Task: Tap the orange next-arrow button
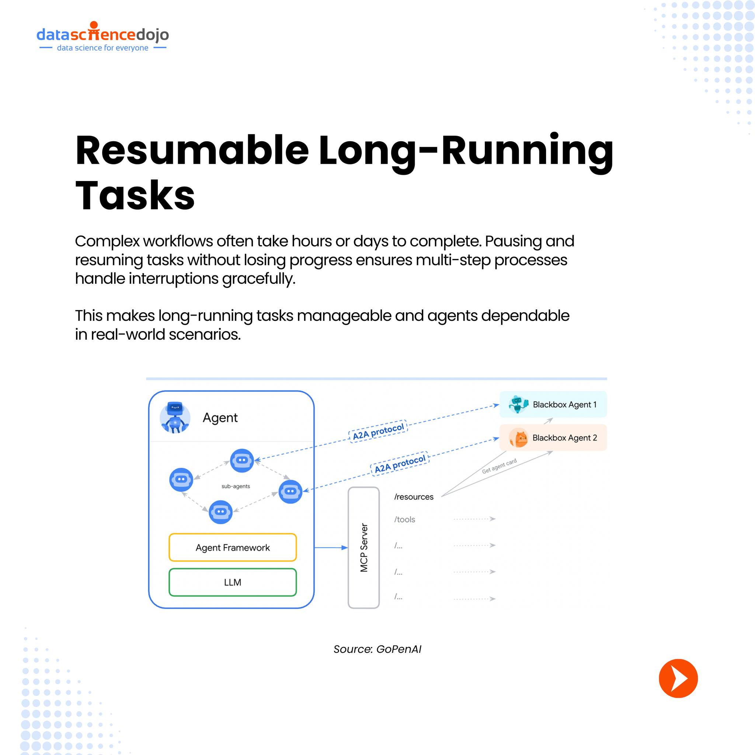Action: click(678, 678)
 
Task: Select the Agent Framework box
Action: click(233, 547)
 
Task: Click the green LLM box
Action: click(233, 582)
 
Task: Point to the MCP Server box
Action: click(363, 547)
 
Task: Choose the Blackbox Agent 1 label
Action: click(564, 404)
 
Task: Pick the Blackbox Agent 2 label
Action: click(564, 438)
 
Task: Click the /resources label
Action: click(414, 497)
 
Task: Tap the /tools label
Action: click(404, 519)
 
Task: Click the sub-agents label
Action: click(236, 486)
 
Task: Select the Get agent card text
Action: click(499, 466)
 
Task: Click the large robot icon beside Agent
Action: click(175, 417)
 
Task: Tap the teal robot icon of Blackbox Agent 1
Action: click(518, 404)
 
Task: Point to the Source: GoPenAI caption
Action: click(377, 649)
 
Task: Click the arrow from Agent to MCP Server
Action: click(331, 547)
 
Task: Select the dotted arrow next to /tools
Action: click(474, 519)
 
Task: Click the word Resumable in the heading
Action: click(192, 150)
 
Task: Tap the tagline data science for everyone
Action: click(102, 48)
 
